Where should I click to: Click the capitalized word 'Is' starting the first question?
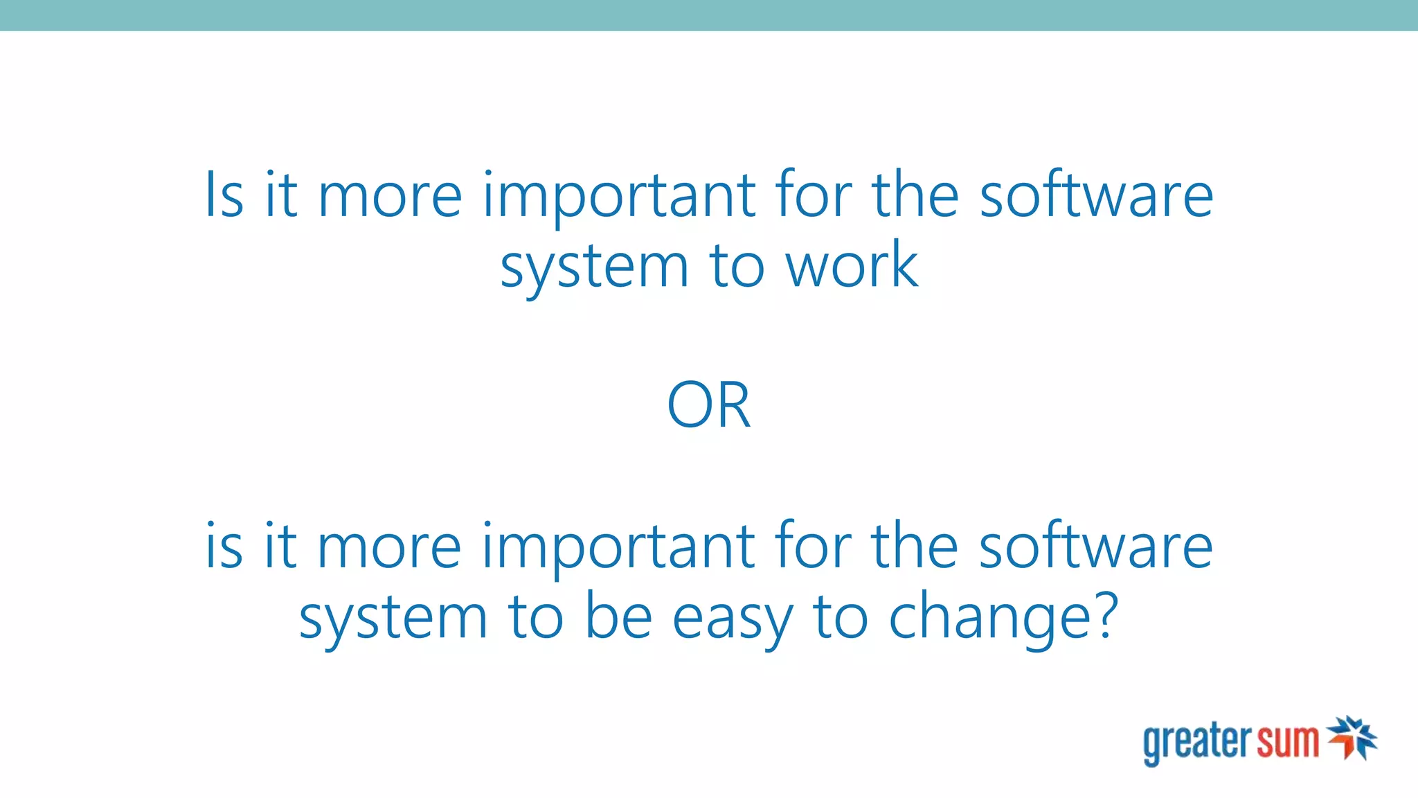[224, 195]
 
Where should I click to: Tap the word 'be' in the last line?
[618, 617]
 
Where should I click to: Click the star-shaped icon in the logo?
[1352, 738]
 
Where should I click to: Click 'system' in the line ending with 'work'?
[594, 269]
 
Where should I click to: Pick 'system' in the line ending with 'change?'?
[393, 619]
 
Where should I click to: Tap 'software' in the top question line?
[1096, 195]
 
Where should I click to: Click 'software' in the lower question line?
[1096, 547]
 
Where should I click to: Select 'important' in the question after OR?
[618, 549]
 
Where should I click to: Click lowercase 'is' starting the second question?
[224, 547]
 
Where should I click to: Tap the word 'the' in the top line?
[915, 195]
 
